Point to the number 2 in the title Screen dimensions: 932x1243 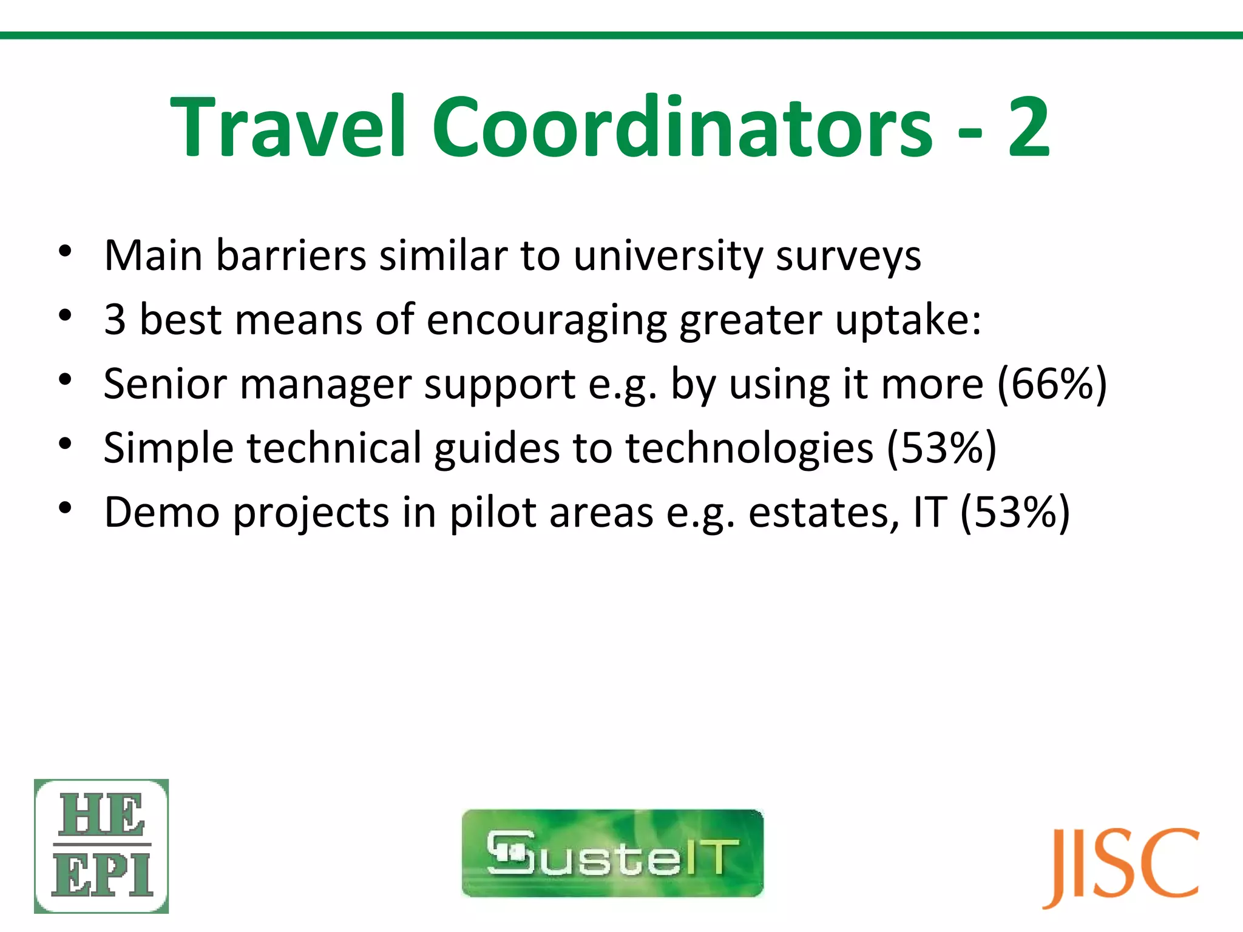click(x=1028, y=127)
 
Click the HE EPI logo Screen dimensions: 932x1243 click(x=101, y=846)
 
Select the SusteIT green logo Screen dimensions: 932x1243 click(x=612, y=853)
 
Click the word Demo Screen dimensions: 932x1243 click(x=162, y=512)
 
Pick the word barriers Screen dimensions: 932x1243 click(x=291, y=255)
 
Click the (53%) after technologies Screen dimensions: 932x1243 click(x=941, y=448)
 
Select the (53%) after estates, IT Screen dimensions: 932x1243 click(x=1015, y=512)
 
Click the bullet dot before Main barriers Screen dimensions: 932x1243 click(x=66, y=251)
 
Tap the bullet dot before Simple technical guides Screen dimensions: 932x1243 click(x=66, y=444)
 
